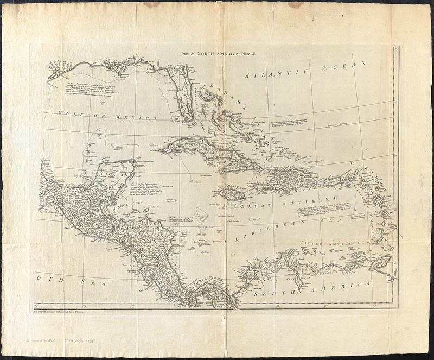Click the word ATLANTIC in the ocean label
(x=276, y=74)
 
